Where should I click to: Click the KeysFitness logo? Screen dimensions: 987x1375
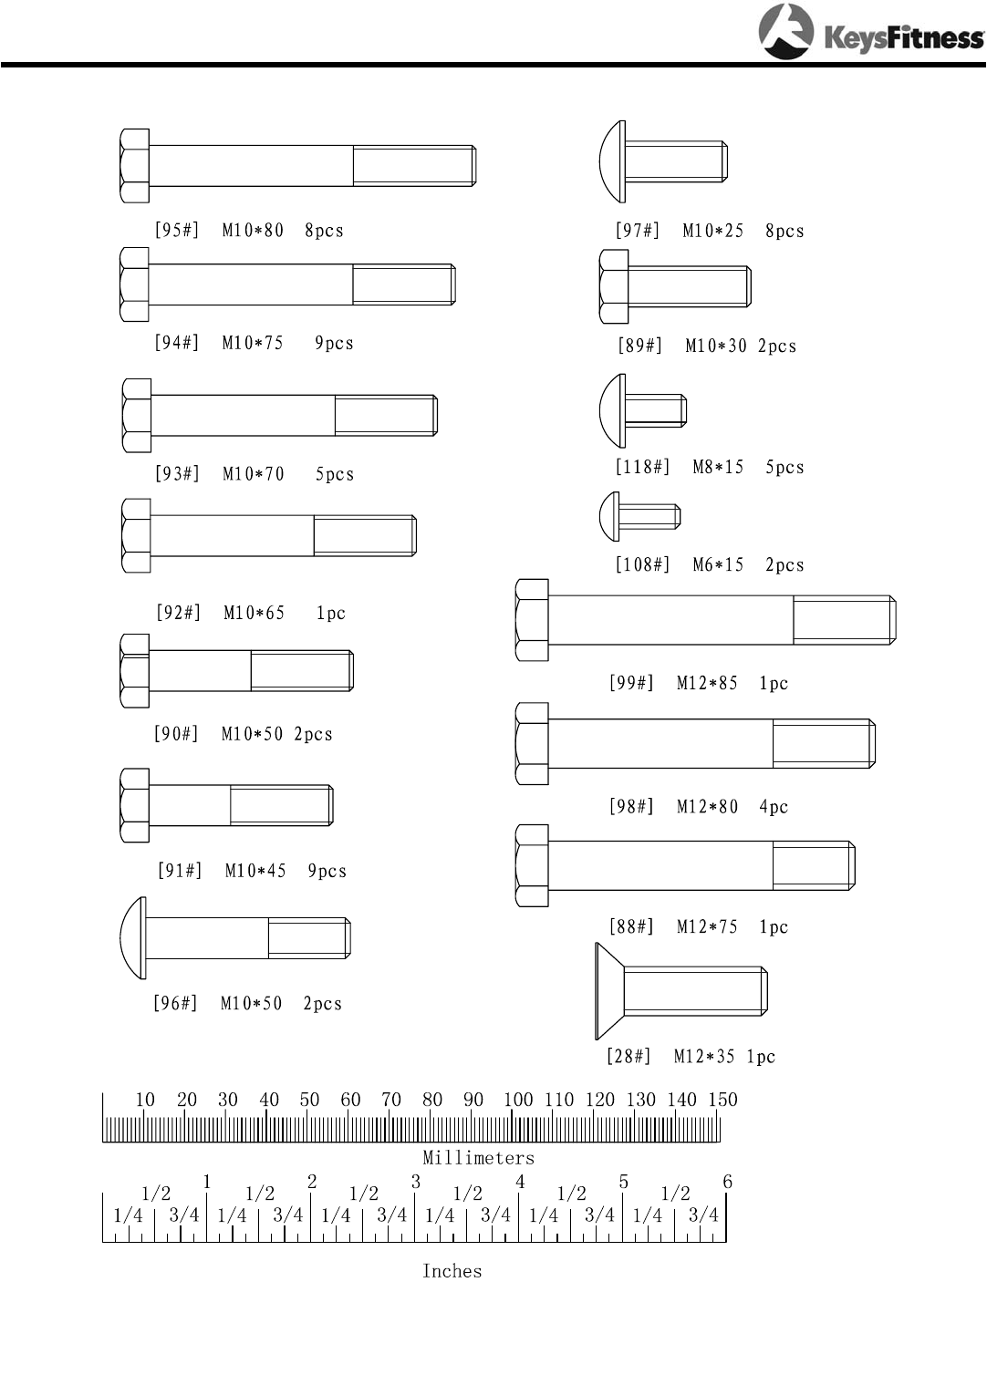870,33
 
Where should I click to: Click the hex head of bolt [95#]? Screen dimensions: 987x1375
134,166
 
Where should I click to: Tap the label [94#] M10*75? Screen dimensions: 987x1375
219,344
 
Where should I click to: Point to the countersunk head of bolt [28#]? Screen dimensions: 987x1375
608,991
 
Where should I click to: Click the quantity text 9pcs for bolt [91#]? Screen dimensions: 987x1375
327,872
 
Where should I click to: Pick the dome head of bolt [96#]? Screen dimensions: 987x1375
133,938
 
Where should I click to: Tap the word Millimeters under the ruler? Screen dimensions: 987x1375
478,1158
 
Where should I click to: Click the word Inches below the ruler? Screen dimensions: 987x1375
452,1271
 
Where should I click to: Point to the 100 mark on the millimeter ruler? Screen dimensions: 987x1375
517,1101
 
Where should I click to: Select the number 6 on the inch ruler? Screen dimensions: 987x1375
727,1183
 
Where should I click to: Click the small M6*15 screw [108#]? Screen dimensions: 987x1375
639,517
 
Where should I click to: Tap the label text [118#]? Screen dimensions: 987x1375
642,468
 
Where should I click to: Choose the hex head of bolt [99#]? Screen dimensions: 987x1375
532,620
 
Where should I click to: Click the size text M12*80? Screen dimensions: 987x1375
707,807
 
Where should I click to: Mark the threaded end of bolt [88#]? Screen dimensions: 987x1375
814,865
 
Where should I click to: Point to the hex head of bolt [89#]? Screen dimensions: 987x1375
613,287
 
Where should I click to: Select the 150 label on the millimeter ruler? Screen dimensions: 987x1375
722,1101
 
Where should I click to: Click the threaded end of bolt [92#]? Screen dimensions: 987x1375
365,535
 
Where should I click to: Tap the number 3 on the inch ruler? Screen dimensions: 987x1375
416,1183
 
